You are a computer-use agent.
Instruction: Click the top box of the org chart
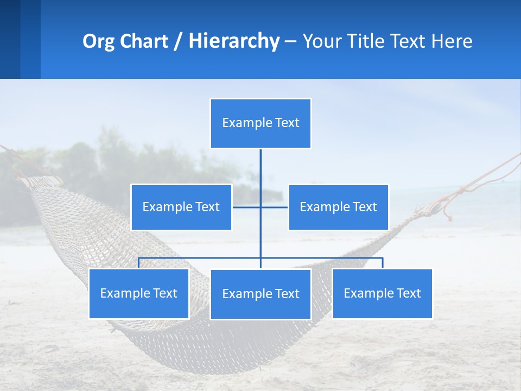pos(260,123)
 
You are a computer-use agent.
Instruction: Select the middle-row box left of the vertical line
pos(181,207)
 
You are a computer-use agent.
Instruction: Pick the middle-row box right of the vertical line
pos(338,207)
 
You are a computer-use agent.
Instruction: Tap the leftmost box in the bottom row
pos(138,293)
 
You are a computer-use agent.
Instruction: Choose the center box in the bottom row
pos(260,294)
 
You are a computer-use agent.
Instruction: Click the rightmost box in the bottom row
pos(382,293)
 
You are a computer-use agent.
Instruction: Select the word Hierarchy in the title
pos(234,41)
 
